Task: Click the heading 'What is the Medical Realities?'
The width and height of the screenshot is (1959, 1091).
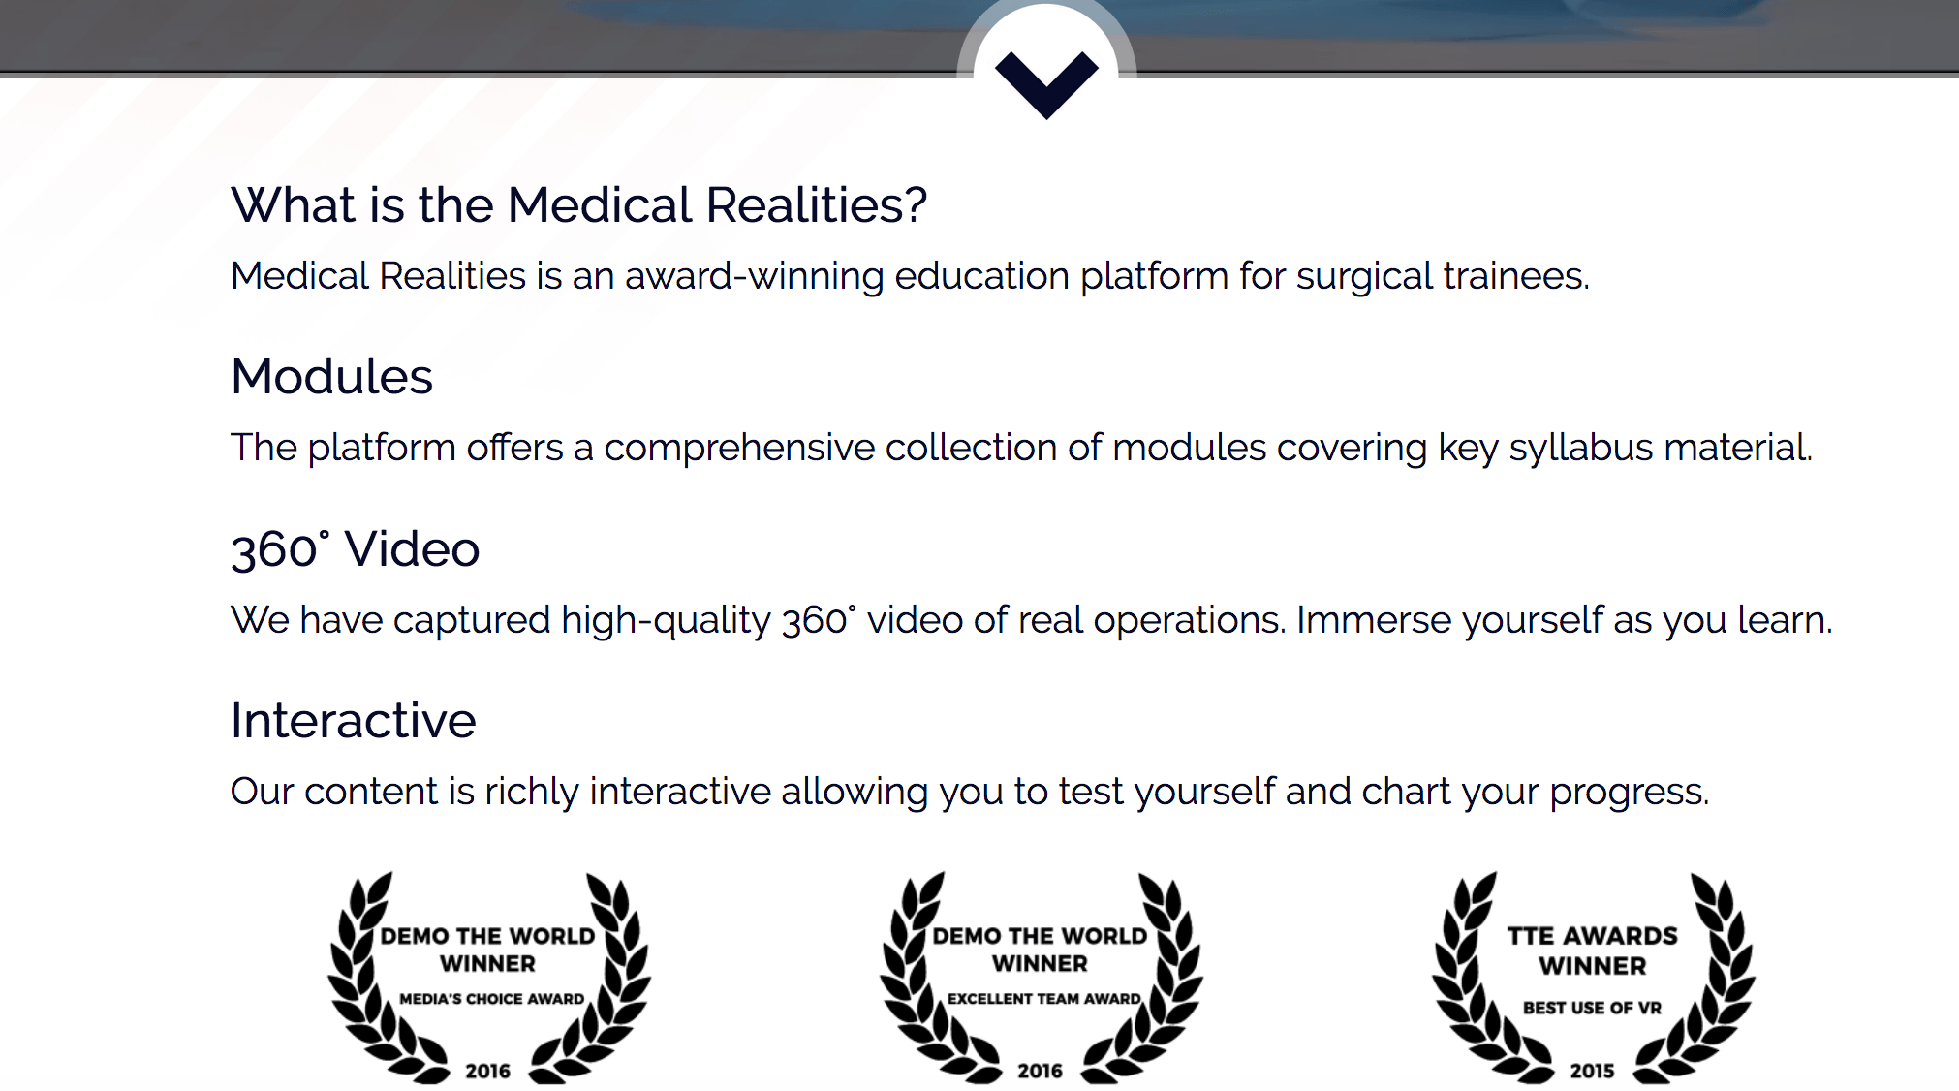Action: click(579, 205)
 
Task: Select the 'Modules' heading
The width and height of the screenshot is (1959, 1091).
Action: click(332, 377)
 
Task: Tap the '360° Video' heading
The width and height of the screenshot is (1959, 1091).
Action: click(356, 549)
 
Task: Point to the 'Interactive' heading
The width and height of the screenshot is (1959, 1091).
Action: click(354, 721)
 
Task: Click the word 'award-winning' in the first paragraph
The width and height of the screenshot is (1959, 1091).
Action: click(755, 276)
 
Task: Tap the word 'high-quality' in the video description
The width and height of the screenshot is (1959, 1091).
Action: click(666, 620)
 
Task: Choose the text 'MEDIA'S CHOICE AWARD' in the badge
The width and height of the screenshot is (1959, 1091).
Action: click(492, 999)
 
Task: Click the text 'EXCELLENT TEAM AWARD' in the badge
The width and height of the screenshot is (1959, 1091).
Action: click(1044, 999)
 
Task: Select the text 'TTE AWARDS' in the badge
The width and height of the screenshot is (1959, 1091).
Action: click(1593, 936)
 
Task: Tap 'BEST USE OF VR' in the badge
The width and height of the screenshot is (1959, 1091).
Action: click(1593, 1008)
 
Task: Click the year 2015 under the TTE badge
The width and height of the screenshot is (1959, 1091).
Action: click(1593, 1071)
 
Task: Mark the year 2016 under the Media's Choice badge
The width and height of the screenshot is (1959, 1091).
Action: click(488, 1071)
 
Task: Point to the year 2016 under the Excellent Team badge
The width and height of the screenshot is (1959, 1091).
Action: click(1041, 1071)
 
